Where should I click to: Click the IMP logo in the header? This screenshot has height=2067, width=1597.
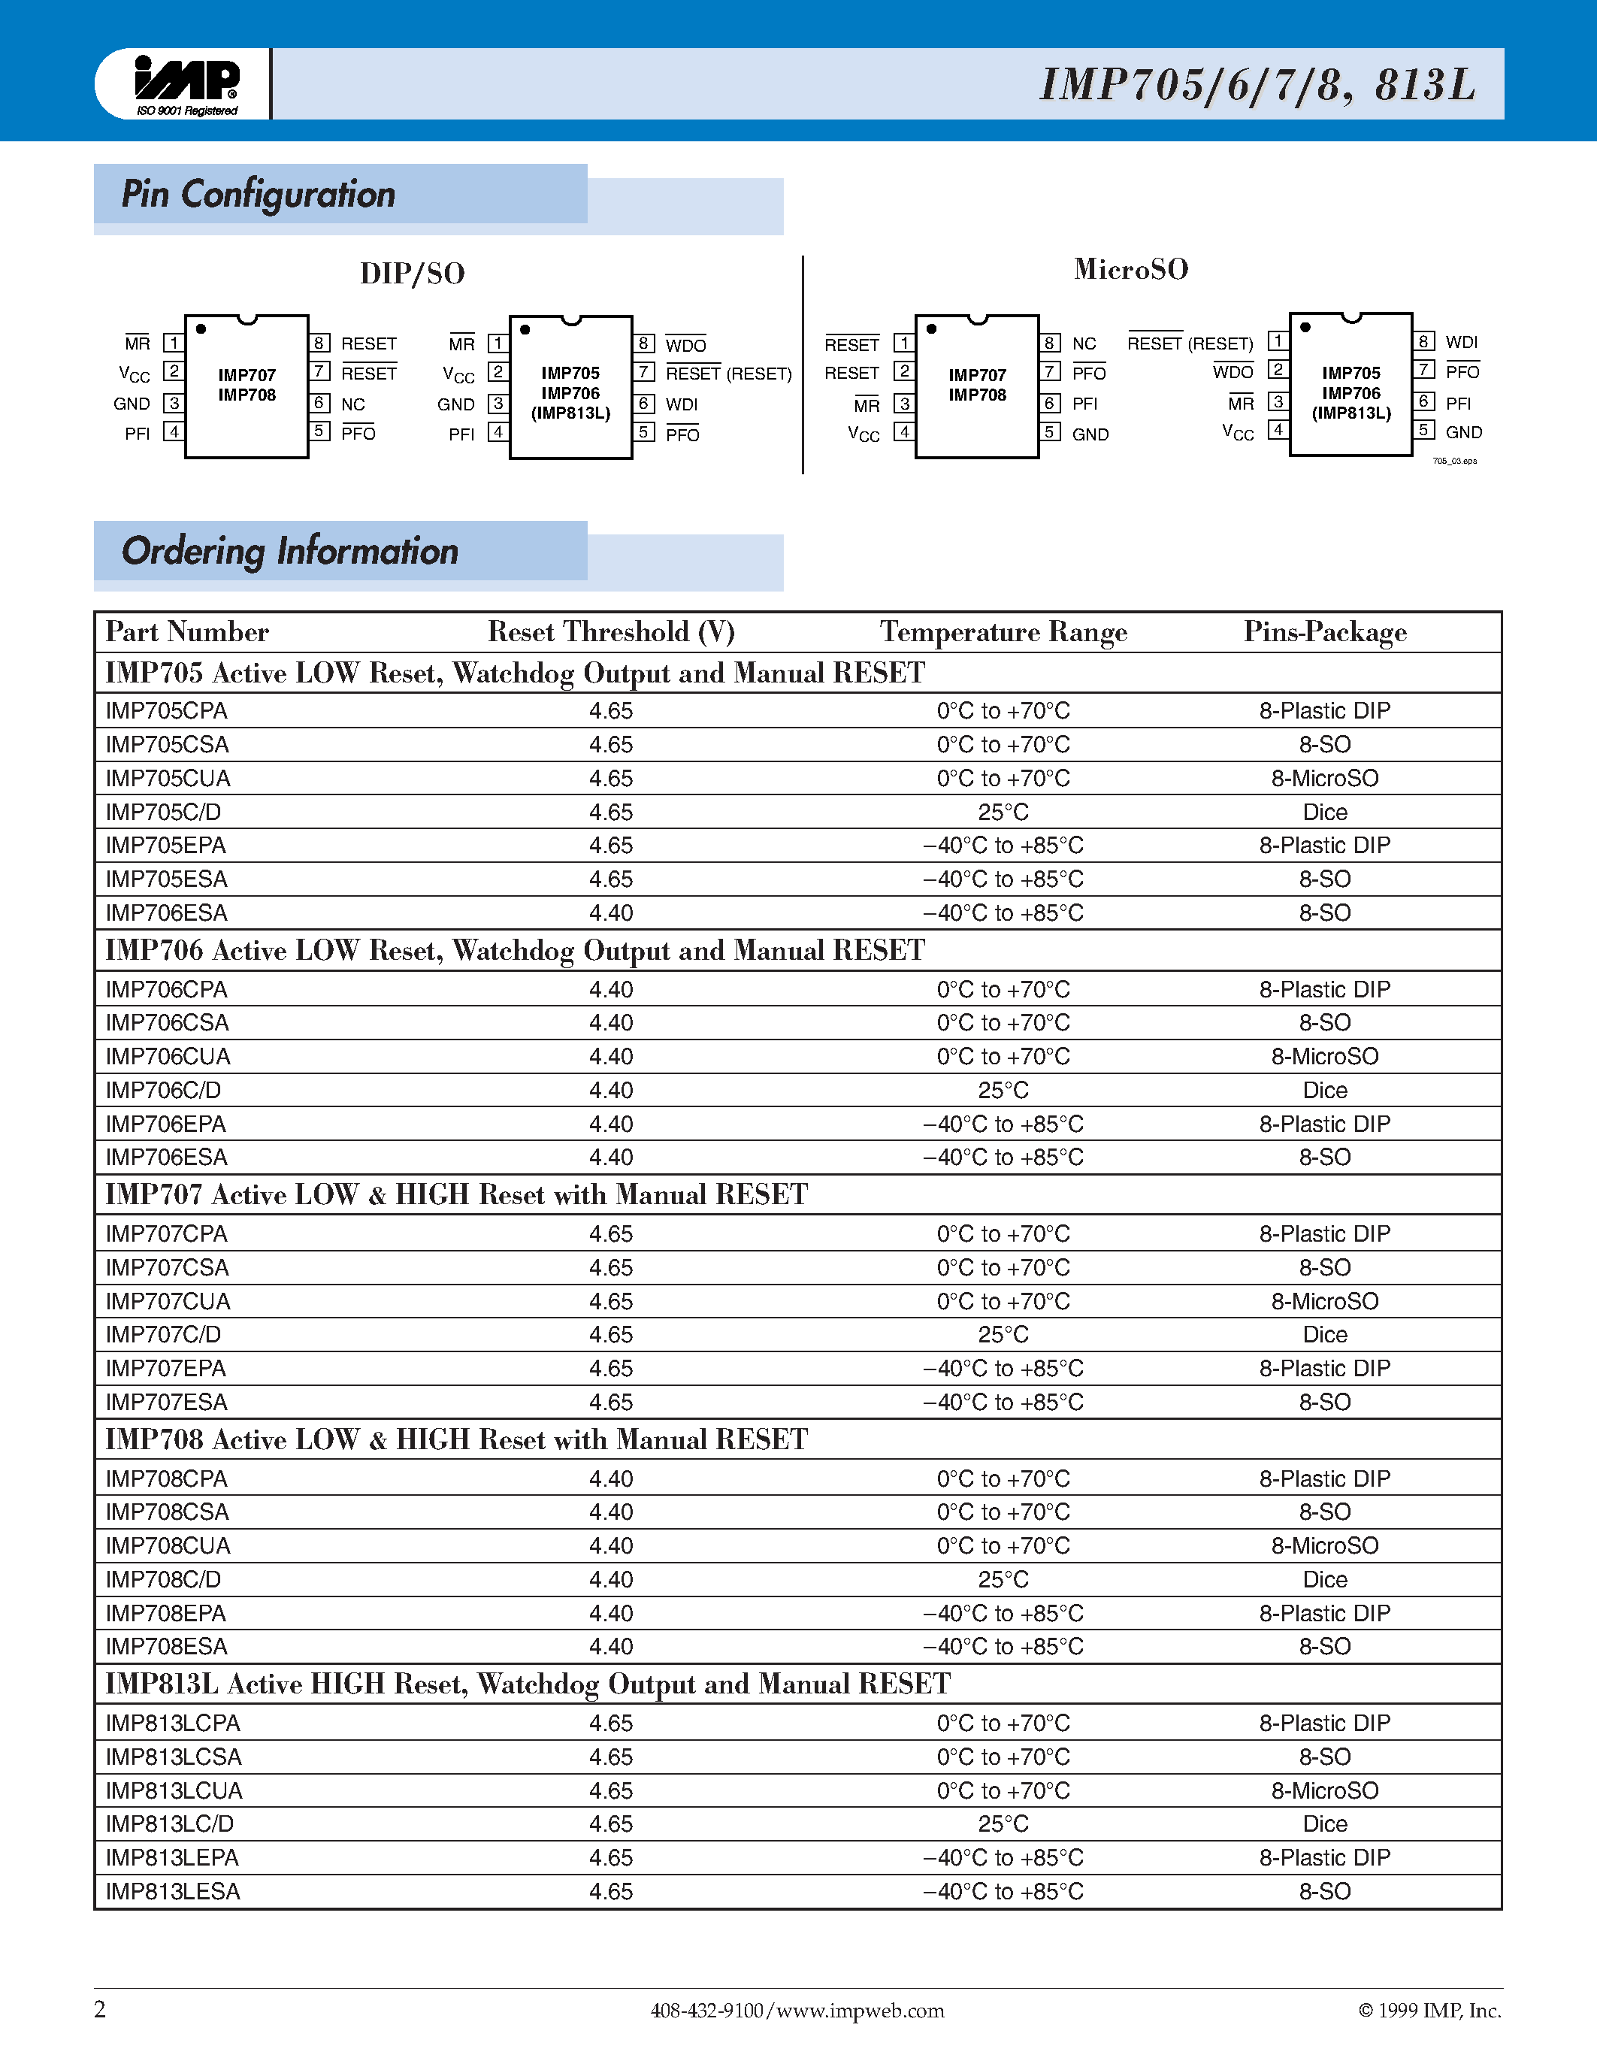click(x=186, y=83)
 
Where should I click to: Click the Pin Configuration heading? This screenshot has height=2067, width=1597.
click(x=259, y=194)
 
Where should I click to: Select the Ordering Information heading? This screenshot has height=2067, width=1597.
click(x=289, y=551)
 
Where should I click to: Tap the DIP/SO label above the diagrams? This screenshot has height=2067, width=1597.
click(x=413, y=274)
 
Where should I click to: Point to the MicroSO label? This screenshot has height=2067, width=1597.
click(x=1130, y=269)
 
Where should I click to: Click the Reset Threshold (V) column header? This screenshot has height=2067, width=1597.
click(x=610, y=631)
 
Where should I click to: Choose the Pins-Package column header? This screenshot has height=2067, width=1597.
click(x=1324, y=631)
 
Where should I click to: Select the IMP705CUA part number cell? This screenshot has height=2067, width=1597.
click(x=168, y=778)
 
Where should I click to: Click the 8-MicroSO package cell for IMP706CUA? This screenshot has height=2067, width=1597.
click(x=1324, y=1056)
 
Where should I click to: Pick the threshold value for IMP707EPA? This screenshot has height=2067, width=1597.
click(x=610, y=1369)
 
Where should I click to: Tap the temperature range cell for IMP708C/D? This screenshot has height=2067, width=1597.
click(x=1003, y=1580)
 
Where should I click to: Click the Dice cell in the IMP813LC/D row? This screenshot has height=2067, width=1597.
click(x=1324, y=1823)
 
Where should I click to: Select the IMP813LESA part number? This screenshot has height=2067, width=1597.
click(x=172, y=1891)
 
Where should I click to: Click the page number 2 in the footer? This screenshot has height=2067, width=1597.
click(x=100, y=2008)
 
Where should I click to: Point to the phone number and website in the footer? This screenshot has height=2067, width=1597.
click(x=797, y=2010)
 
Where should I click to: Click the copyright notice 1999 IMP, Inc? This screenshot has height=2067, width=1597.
click(x=1429, y=2010)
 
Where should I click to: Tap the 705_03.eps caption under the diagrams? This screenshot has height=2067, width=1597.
click(x=1454, y=461)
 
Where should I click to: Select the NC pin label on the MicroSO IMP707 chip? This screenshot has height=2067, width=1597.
click(x=1084, y=343)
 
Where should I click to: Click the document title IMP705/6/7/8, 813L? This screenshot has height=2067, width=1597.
click(x=1257, y=84)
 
